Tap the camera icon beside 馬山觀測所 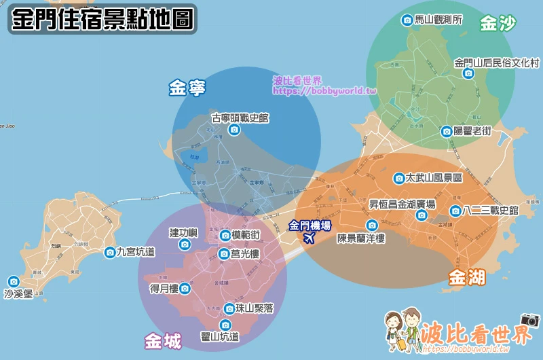click(407, 20)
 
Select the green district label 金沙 click(498, 24)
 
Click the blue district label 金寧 click(187, 88)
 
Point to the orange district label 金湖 click(467, 277)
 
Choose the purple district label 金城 click(163, 341)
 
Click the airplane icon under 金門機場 click(310, 238)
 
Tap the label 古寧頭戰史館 click(240, 118)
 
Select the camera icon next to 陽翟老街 click(447, 132)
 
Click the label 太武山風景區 click(434, 178)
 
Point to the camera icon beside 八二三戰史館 click(455, 211)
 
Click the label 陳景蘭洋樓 click(361, 238)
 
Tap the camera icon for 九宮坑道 click(110, 252)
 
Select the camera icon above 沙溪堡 click(14, 281)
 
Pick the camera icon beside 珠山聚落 click(229, 309)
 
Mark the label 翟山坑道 click(220, 336)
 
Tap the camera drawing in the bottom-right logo click(529, 319)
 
